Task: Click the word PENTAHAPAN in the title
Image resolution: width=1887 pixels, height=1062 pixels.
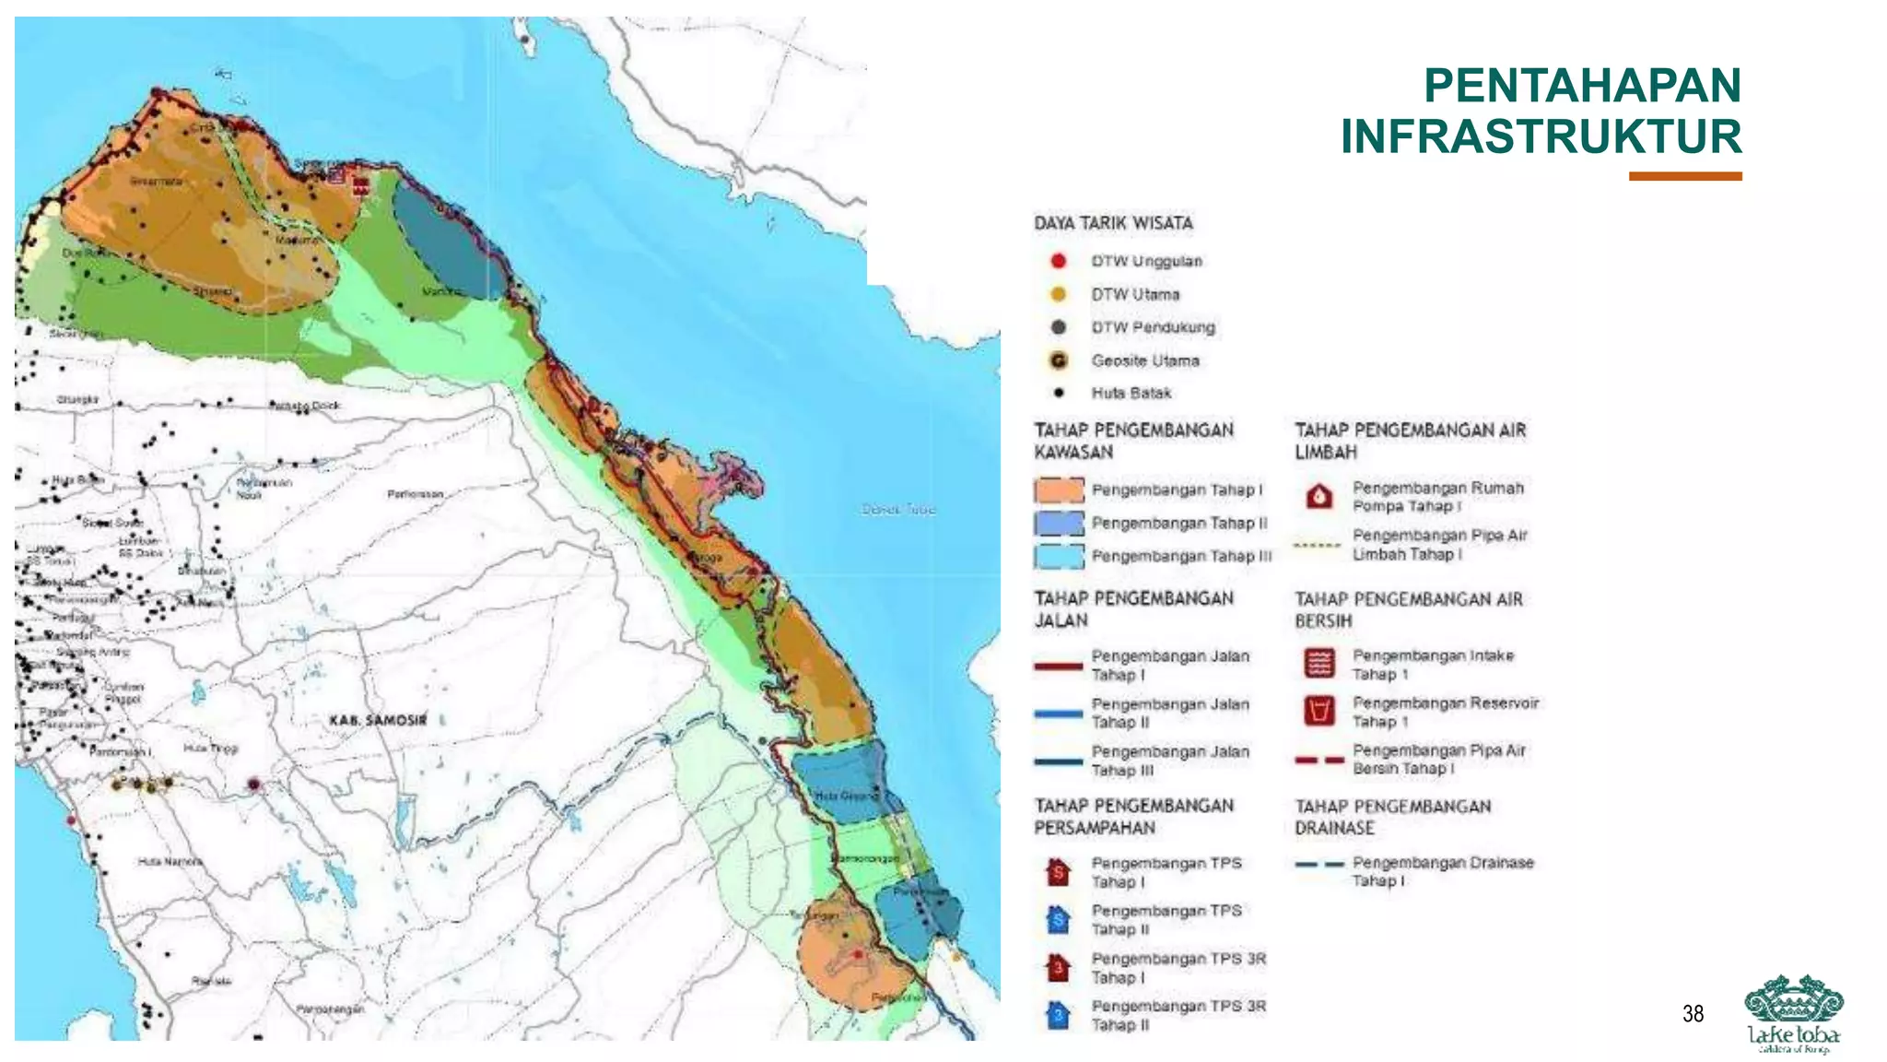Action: click(1582, 86)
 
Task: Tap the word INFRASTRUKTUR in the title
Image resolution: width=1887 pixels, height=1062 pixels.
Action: click(1541, 136)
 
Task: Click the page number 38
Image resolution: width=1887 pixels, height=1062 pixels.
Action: click(1693, 1014)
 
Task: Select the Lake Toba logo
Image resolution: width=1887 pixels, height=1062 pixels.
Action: click(1793, 1013)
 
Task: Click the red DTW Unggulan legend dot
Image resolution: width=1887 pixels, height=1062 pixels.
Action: click(1058, 261)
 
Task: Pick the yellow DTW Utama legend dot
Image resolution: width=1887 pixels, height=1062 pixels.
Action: click(1058, 294)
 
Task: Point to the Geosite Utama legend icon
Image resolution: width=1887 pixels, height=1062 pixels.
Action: click(1059, 360)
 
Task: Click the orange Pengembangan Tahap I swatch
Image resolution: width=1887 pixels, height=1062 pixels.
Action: click(1058, 490)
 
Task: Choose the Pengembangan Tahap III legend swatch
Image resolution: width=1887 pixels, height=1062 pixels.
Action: click(1058, 557)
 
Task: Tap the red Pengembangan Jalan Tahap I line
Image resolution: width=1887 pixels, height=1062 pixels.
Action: click(1058, 666)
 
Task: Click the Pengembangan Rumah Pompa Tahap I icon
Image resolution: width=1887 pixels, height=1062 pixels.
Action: click(1319, 497)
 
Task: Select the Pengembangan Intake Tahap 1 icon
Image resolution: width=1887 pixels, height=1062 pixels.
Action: click(1319, 663)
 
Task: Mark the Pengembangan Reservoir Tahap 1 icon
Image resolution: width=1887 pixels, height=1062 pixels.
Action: click(1319, 711)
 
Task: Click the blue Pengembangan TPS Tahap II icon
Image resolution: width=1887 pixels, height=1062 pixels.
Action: click(1059, 919)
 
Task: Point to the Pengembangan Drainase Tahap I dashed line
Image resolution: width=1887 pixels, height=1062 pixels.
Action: click(1319, 865)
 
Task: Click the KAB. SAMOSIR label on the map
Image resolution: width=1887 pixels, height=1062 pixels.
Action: click(378, 720)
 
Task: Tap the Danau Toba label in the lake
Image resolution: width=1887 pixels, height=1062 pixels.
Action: click(898, 509)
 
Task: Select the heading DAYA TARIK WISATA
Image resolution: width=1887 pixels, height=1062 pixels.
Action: click(1113, 223)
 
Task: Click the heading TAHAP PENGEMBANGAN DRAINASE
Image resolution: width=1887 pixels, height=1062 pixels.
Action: click(1391, 817)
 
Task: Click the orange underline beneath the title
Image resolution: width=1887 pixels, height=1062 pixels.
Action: click(1684, 176)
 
